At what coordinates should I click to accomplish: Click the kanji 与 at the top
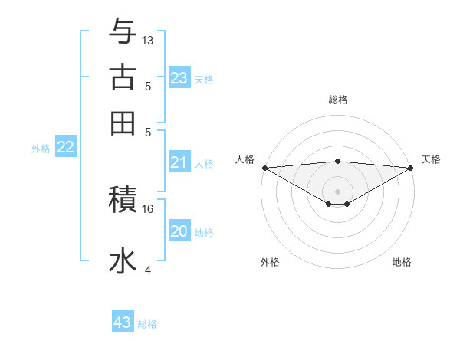coord(123,32)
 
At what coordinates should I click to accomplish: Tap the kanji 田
coord(123,123)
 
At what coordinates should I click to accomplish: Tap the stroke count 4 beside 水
coord(148,270)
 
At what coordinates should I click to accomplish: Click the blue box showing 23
coord(179,77)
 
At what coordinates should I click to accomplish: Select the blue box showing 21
coord(179,162)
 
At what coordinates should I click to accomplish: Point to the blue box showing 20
coord(179,232)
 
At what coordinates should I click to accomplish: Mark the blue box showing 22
coord(65,148)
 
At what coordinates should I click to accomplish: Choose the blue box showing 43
coord(123,322)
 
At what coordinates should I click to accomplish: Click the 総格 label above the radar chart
coord(338,100)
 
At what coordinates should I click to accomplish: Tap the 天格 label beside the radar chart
coord(431,159)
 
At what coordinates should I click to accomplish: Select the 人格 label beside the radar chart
coord(245,159)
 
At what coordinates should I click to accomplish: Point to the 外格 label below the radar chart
coord(270,262)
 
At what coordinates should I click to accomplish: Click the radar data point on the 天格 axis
coord(411,167)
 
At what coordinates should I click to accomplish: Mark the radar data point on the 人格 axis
coord(264,167)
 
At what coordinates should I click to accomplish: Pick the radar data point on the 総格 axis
coord(338,161)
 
